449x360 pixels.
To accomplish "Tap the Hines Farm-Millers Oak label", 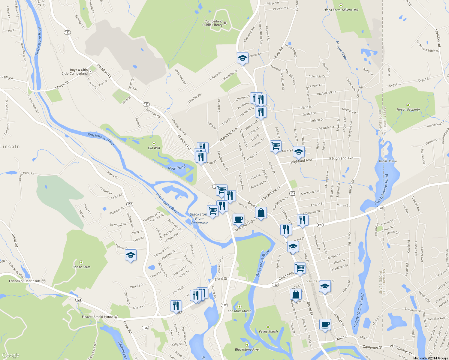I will coord(341,10).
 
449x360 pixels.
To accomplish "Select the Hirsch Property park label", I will coord(408,109).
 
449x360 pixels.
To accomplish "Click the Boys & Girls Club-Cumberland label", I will coord(75,72).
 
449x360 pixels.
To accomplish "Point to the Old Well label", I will coord(154,148).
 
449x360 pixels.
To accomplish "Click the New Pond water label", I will coord(176,168).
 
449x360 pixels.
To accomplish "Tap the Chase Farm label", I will coord(81,267).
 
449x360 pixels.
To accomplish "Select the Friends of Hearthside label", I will coord(25,281).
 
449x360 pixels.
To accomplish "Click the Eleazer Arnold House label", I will coord(98,316).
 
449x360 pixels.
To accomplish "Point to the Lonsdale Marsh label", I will coord(240,311).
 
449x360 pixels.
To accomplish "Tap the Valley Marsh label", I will coord(268,331).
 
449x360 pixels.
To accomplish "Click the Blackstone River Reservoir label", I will coord(199,218).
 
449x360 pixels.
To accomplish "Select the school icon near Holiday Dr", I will coord(131,255).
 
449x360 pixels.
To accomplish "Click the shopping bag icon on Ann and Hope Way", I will coord(261,213).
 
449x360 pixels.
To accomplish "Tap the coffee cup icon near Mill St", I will coord(325,325).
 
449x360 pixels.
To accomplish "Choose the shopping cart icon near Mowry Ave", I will coord(276,146).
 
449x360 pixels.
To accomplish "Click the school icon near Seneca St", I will coord(243,58).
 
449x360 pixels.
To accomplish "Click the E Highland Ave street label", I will coord(341,158).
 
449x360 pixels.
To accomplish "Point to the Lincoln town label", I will coord(10,146).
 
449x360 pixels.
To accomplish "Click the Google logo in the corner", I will coord(11,355).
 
